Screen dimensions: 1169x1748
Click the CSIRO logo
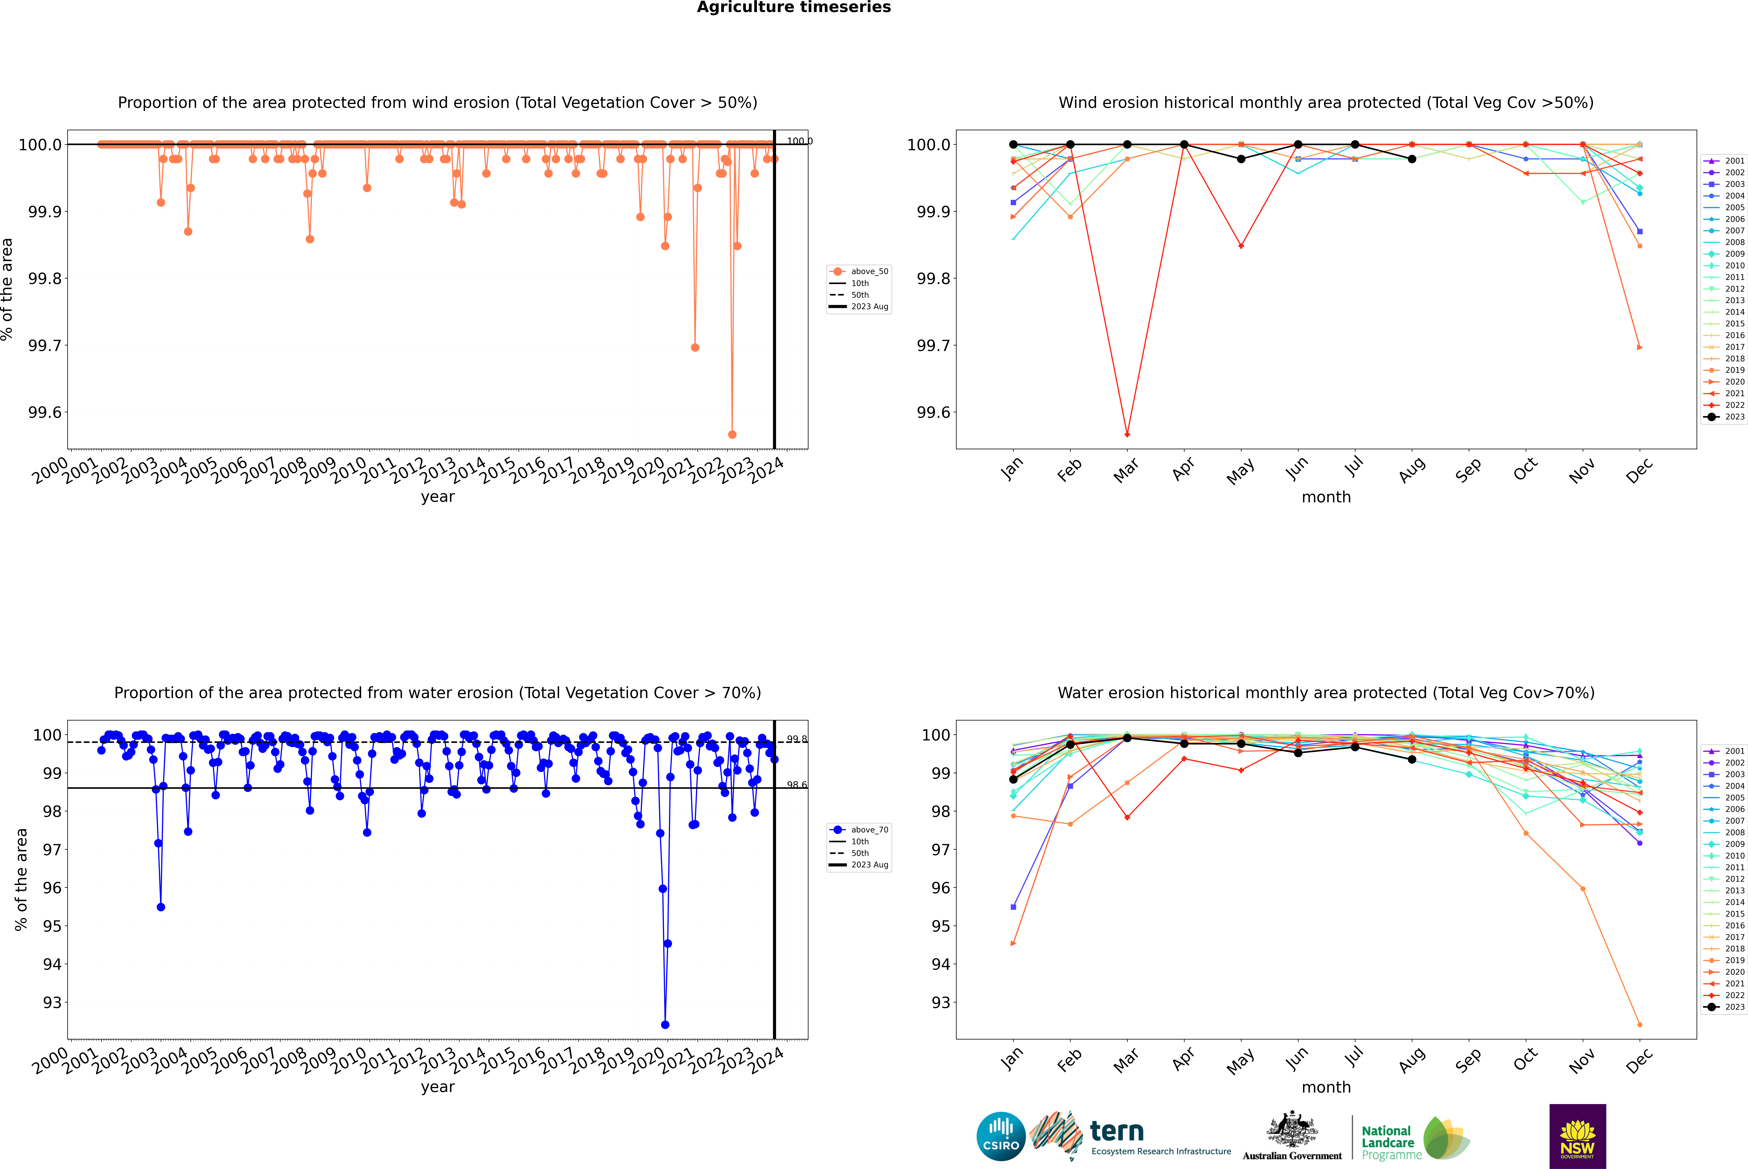tap(1001, 1136)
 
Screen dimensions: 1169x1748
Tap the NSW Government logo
tap(1577, 1136)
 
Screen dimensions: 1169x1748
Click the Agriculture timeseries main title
tap(793, 7)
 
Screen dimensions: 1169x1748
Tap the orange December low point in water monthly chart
tap(1639, 1024)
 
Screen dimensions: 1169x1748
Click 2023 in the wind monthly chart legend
tap(1734, 417)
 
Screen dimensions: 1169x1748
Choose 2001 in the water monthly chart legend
tap(1734, 751)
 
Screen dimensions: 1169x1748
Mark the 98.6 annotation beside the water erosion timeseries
tap(796, 785)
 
